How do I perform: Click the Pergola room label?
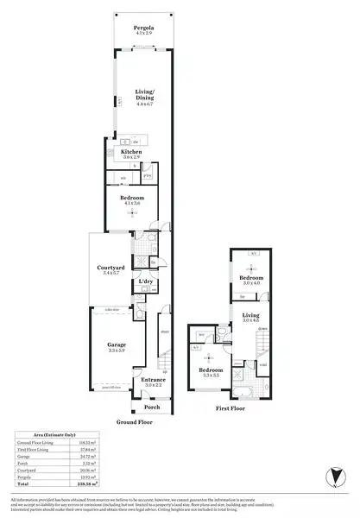coord(143,28)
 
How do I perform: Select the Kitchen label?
coord(131,152)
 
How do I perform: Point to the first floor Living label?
coord(250,316)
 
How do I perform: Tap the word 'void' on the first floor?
coord(263,365)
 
